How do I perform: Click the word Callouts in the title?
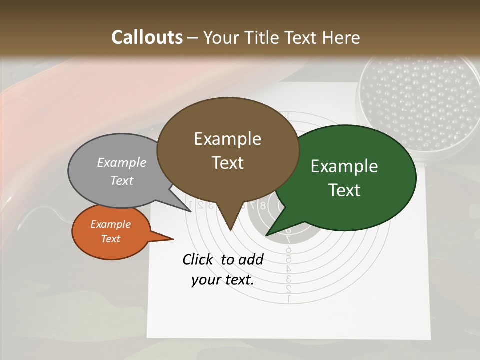pyautogui.click(x=147, y=37)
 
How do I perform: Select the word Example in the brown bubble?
pyautogui.click(x=227, y=139)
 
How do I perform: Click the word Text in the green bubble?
pyautogui.click(x=344, y=190)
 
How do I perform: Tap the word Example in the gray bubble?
pyautogui.click(x=122, y=163)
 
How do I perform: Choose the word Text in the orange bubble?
pyautogui.click(x=110, y=239)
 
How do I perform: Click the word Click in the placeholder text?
pyautogui.click(x=199, y=259)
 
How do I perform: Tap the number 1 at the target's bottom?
pyautogui.click(x=288, y=299)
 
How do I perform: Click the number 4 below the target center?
pyautogui.click(x=288, y=269)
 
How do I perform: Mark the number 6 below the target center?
pyautogui.click(x=288, y=250)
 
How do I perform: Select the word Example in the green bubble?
pyautogui.click(x=344, y=166)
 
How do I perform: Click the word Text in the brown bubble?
pyautogui.click(x=227, y=163)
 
